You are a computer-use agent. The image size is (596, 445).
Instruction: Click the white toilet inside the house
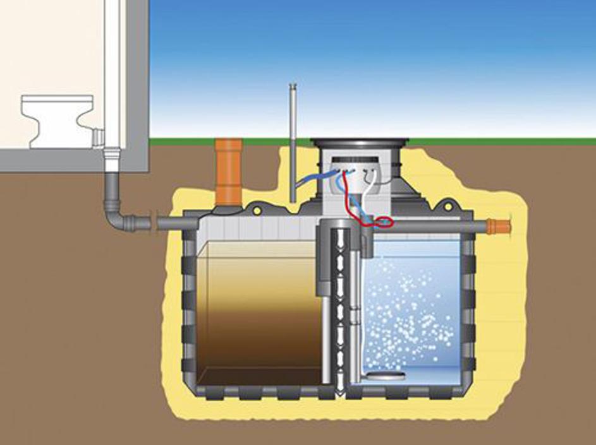(56, 120)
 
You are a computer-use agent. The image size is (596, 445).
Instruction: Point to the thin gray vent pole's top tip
(293, 86)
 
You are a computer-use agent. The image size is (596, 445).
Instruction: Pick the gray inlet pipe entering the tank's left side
(171, 223)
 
